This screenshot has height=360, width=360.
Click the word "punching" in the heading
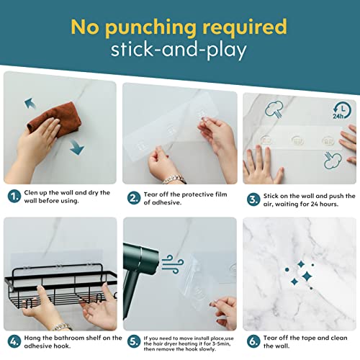[x=150, y=27]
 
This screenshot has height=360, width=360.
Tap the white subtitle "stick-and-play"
[x=179, y=50]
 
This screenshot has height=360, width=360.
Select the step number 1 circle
[x=14, y=197]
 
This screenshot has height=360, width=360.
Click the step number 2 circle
[x=134, y=198]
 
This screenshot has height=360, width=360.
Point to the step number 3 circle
[x=253, y=199]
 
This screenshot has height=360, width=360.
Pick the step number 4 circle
[x=14, y=341]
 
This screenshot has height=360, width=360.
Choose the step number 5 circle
[x=134, y=341]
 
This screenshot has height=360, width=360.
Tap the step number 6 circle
[x=253, y=341]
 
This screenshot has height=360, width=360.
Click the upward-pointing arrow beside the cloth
[x=30, y=103]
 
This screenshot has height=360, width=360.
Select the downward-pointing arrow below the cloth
[x=77, y=147]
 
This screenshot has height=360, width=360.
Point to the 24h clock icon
[x=342, y=111]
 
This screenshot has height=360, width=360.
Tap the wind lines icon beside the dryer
[x=173, y=264]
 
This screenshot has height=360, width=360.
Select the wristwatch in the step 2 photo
[x=174, y=179]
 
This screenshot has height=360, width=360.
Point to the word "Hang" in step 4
[x=32, y=338]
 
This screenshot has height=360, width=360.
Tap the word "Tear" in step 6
[x=270, y=338]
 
